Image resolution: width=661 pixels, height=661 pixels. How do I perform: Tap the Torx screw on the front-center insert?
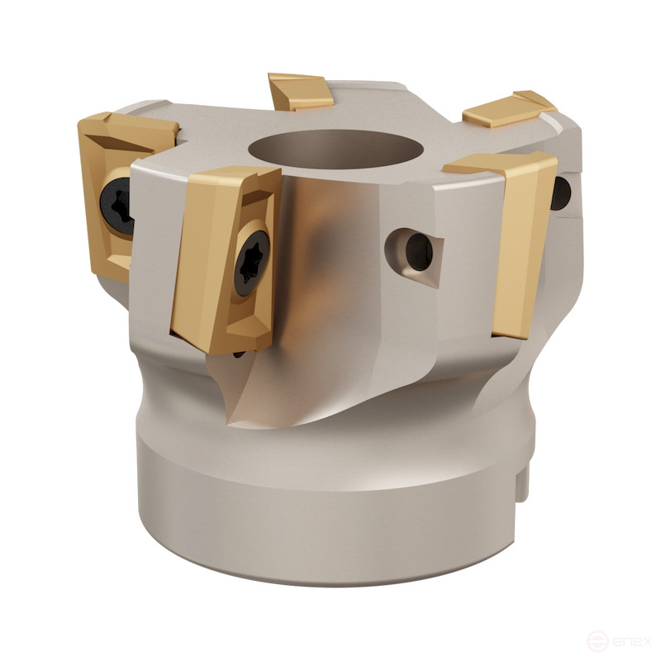[x=250, y=262]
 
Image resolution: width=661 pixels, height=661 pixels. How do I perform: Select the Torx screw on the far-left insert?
[x=117, y=202]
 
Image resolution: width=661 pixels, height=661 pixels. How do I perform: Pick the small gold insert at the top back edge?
[x=301, y=90]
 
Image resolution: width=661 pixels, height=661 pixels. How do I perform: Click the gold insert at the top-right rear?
[x=507, y=108]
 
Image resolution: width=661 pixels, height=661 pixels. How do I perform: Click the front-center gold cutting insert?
[x=227, y=256]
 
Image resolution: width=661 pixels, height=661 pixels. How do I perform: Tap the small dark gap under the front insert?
[x=237, y=354]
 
